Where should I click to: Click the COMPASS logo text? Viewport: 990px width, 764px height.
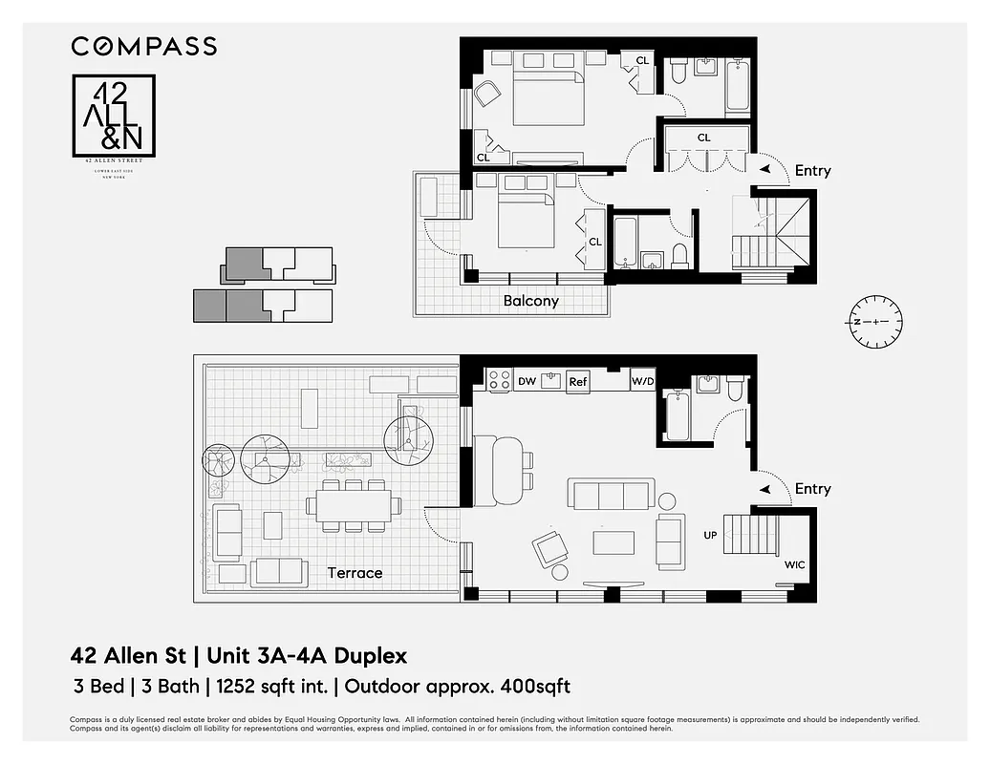pos(144,46)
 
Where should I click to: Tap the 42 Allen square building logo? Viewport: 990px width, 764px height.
pos(114,116)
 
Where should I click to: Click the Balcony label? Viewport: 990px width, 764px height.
pos(530,301)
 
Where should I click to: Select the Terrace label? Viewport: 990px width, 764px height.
pos(355,573)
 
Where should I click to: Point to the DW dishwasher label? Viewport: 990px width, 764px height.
pos(526,381)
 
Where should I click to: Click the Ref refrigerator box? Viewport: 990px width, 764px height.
pos(577,381)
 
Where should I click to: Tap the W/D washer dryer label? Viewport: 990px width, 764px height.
pos(643,381)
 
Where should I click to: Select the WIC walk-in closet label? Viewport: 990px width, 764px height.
pos(794,564)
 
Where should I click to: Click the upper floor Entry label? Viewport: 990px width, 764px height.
pos(812,171)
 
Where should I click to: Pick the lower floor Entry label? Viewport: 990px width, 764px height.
pos(812,489)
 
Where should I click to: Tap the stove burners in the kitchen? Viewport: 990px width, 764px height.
pos(499,380)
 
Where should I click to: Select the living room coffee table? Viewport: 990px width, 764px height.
pos(613,542)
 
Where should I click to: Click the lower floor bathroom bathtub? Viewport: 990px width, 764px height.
pos(677,415)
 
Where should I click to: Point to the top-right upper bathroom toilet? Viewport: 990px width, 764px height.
pos(678,72)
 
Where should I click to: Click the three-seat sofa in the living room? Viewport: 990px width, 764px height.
pos(609,495)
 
